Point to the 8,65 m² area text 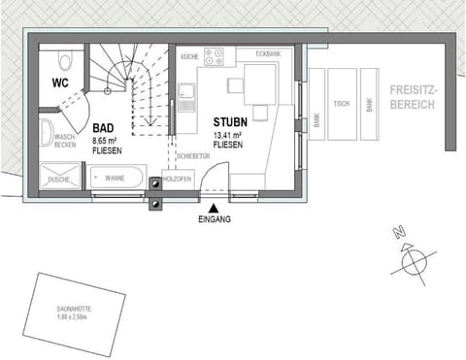pyautogui.click(x=107, y=141)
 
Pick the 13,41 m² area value pyautogui.click(x=229, y=135)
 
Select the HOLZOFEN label pyautogui.click(x=178, y=178)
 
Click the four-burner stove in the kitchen pyautogui.click(x=216, y=57)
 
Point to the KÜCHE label pyautogui.click(x=188, y=57)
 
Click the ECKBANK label pyautogui.click(x=268, y=54)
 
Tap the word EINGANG pyautogui.click(x=214, y=220)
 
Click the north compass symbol pyautogui.click(x=413, y=259)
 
